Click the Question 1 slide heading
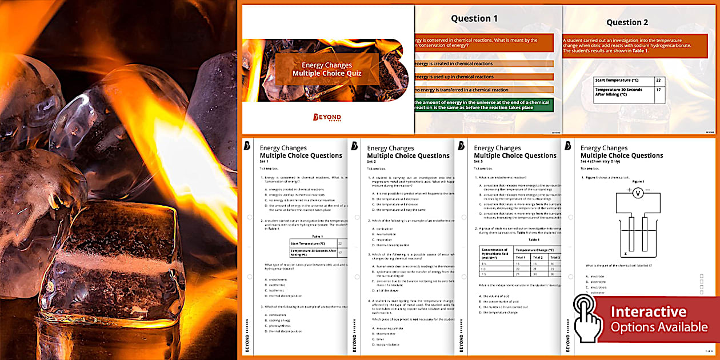point(474,18)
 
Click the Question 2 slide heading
point(627,22)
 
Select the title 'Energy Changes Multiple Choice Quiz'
point(327,69)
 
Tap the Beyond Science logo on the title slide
point(327,117)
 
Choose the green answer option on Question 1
point(483,106)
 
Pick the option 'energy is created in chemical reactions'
point(483,63)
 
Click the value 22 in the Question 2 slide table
point(658,81)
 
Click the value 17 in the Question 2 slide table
point(658,90)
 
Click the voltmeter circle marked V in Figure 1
point(639,194)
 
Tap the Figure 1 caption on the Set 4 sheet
point(639,181)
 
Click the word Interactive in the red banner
point(649,312)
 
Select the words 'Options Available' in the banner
point(659,327)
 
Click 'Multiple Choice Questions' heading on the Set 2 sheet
point(408,155)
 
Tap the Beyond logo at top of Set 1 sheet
point(247,146)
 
